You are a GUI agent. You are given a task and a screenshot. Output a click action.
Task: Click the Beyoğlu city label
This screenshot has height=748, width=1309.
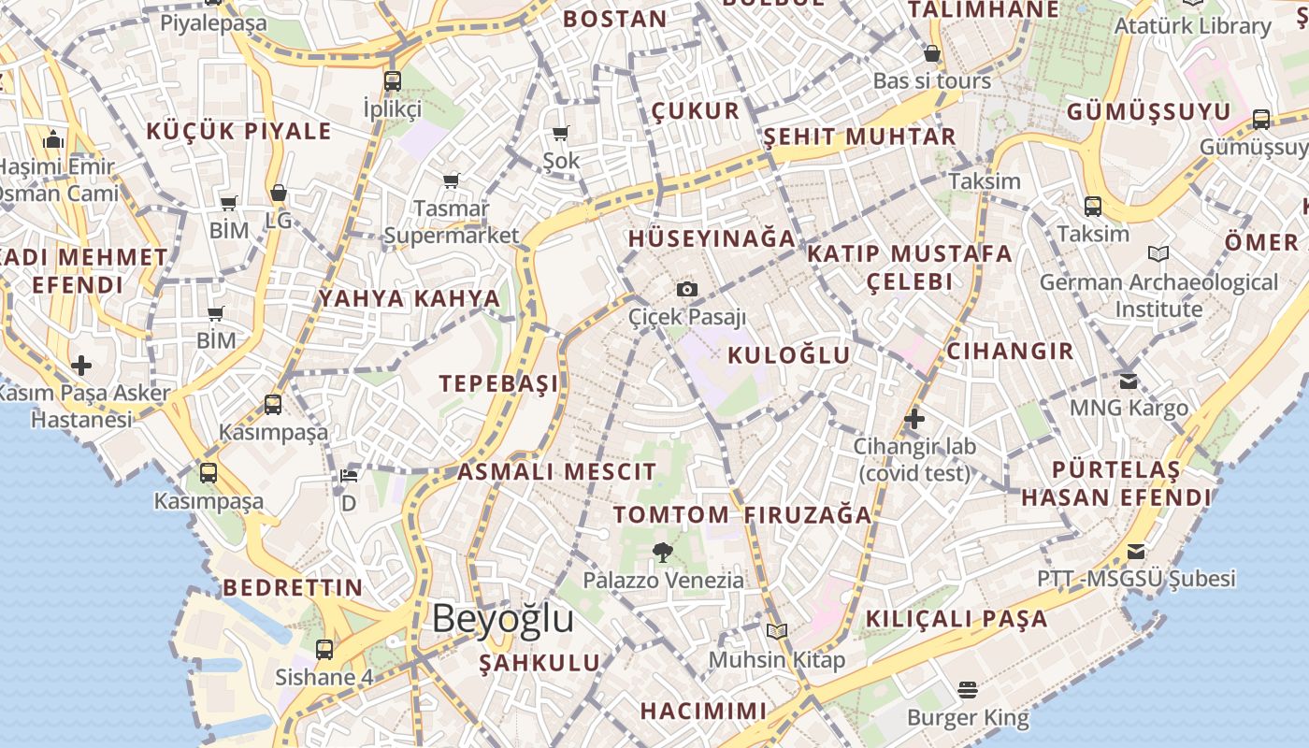click(503, 619)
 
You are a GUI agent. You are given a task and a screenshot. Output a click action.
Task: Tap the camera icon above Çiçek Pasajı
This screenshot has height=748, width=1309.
click(687, 289)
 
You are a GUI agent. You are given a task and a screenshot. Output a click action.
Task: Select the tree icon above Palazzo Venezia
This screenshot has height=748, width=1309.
click(663, 553)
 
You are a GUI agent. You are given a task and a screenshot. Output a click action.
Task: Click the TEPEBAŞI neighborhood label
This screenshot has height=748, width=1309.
click(499, 383)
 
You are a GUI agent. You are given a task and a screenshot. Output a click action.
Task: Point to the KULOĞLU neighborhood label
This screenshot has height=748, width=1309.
click(789, 355)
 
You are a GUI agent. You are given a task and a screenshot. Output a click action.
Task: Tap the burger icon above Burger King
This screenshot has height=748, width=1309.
click(968, 690)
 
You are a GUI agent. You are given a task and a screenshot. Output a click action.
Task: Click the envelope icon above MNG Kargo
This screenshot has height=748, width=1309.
click(1129, 381)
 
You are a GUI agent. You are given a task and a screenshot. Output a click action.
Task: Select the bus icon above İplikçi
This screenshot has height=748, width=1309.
click(393, 81)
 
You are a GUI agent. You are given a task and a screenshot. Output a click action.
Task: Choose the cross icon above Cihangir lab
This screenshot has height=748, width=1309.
click(914, 420)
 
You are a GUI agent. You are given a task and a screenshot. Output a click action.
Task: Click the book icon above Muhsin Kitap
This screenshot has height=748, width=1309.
click(777, 631)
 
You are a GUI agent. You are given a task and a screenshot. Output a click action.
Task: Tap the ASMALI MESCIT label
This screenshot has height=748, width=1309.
click(556, 471)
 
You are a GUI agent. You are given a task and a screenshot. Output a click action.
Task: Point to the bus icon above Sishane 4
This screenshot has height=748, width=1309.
click(324, 649)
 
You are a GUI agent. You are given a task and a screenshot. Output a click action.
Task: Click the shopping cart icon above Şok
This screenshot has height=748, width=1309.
click(561, 133)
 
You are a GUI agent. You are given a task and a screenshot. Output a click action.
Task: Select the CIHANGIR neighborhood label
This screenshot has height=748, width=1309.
click(1010, 352)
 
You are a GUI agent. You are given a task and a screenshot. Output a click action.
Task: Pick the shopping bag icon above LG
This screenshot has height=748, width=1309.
click(278, 194)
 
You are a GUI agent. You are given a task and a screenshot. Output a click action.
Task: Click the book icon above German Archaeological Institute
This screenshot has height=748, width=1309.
click(1158, 253)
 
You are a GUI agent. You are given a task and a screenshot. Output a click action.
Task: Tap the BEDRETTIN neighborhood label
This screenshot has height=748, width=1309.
click(293, 587)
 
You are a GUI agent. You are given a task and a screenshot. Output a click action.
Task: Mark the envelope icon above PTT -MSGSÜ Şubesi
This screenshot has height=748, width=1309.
click(1136, 551)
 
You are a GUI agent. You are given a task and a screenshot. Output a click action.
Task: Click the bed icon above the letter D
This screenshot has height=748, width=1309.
click(349, 476)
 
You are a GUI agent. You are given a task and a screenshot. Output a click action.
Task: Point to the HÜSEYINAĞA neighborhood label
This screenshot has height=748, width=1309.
click(712, 238)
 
